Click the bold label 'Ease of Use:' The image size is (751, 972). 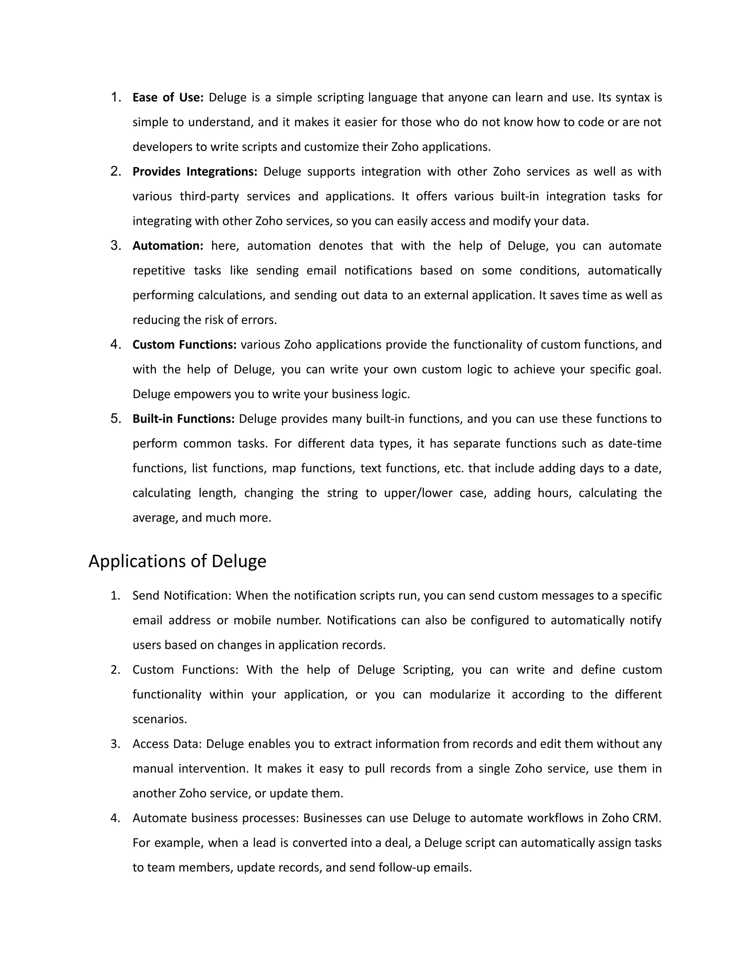pos(168,98)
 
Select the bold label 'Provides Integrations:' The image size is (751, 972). pos(195,172)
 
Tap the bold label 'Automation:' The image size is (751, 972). pos(168,246)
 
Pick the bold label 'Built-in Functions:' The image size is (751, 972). pos(183,419)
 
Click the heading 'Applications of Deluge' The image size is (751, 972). pos(177,561)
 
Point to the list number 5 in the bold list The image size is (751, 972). pos(115,419)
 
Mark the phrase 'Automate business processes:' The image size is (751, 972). pos(216,818)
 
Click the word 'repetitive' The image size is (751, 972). pos(159,271)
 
